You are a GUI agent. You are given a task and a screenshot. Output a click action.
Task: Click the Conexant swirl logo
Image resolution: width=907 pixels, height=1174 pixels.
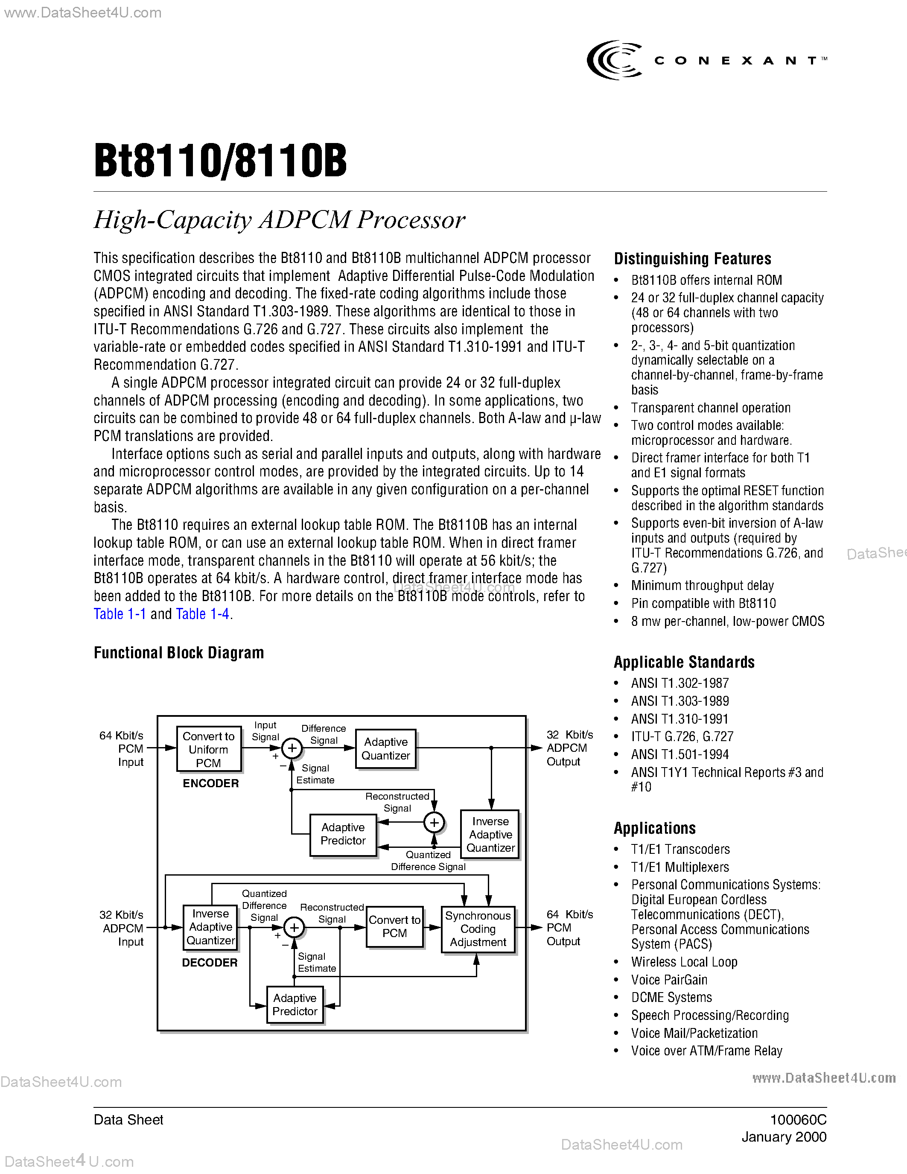(614, 60)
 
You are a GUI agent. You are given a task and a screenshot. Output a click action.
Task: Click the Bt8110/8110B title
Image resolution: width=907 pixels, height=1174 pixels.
(220, 161)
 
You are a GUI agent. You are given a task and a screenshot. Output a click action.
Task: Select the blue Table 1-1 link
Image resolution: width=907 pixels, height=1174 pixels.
(119, 614)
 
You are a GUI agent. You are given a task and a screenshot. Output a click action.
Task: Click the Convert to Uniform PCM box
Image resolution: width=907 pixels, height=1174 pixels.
(208, 749)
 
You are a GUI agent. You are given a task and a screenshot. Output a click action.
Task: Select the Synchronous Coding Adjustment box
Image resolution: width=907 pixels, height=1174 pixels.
(478, 929)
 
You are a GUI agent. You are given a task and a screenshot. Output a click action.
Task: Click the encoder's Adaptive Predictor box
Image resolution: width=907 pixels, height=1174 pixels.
(343, 834)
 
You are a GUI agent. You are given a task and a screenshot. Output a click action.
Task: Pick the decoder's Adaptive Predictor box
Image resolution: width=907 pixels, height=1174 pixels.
(295, 1004)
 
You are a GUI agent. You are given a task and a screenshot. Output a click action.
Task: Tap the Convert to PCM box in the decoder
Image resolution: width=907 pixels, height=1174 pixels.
(394, 927)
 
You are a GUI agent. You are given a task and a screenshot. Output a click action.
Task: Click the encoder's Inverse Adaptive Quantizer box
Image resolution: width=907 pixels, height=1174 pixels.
(490, 834)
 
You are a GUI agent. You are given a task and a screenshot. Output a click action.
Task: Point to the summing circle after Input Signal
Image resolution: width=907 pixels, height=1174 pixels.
(292, 748)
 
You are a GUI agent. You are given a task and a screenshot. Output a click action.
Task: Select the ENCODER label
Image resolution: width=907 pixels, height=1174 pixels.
(210, 783)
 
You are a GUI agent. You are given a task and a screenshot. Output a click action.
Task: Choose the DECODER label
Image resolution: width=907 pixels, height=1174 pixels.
(210, 962)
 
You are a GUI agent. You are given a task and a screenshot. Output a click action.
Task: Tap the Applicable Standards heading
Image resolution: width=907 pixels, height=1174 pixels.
(684, 662)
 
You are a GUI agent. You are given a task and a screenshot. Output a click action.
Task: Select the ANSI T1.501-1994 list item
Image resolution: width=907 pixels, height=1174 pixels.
(680, 754)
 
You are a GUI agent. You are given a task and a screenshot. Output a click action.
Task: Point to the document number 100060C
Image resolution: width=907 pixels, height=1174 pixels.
(798, 1120)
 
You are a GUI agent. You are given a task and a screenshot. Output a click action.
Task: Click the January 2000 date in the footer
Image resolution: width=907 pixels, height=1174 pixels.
(784, 1137)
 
